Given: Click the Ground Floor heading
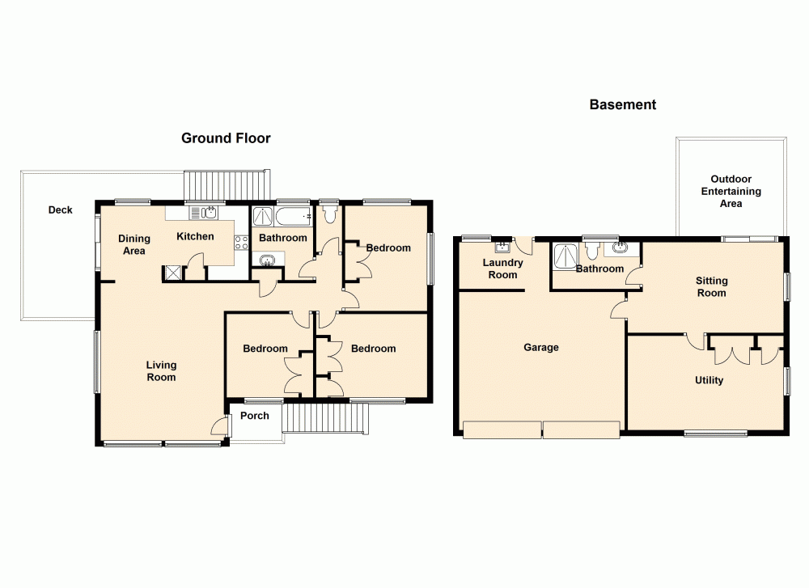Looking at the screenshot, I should [226, 138].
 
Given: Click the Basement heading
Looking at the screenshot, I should [622, 104].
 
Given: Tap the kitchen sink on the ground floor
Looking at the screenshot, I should [207, 213].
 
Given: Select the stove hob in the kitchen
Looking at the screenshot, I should [241, 240].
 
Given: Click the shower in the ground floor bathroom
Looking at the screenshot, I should [263, 216].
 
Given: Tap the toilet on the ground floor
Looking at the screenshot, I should [328, 215].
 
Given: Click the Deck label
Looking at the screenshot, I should [60, 210].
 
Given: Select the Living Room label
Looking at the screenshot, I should [161, 371].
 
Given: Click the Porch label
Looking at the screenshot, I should [255, 416].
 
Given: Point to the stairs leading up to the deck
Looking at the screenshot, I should [224, 184].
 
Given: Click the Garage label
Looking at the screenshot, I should [540, 348].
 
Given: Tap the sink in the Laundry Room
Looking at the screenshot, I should [502, 246].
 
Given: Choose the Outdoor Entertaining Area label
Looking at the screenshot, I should [731, 192].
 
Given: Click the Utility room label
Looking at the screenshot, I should [709, 380].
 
